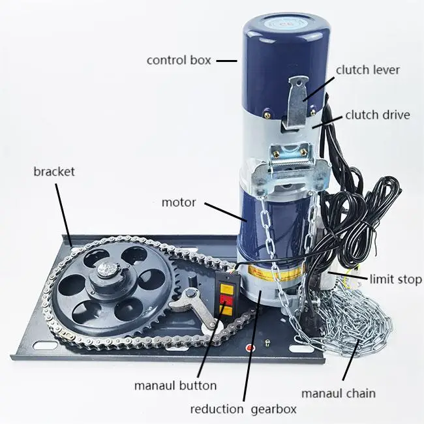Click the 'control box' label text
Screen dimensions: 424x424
pyautogui.click(x=179, y=60)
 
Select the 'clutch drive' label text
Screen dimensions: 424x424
pyautogui.click(x=377, y=115)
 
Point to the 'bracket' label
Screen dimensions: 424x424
pyautogui.click(x=54, y=172)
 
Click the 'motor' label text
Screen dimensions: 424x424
pyautogui.click(x=178, y=202)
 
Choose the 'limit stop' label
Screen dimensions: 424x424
pyautogui.click(x=395, y=279)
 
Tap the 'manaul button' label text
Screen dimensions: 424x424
pyautogui.click(x=175, y=386)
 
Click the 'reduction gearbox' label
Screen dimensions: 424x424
pyautogui.click(x=243, y=410)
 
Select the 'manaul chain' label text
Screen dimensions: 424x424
pyautogui.click(x=338, y=393)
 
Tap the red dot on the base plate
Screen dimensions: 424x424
pyautogui.click(x=250, y=348)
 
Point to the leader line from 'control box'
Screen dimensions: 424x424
pyautogui.click(x=226, y=61)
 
